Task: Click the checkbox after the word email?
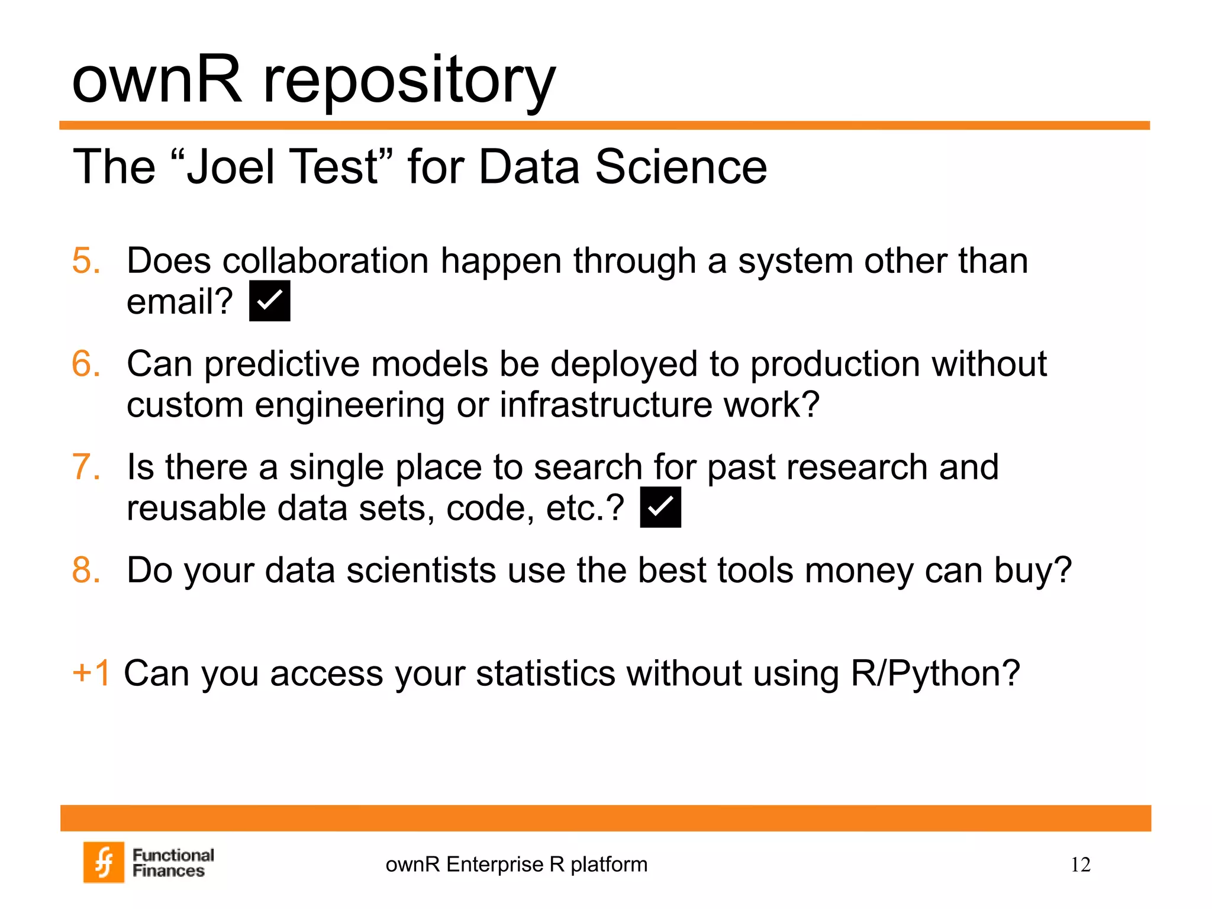[269, 301]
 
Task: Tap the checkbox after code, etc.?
[660, 507]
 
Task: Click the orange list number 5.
[86, 260]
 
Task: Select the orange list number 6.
[86, 363]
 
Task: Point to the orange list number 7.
[86, 467]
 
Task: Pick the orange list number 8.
[86, 570]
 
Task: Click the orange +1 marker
[92, 673]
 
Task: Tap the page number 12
[1080, 865]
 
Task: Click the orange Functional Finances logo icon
[104, 862]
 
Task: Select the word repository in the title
[408, 80]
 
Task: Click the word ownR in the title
[157, 80]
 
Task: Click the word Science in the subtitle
[681, 167]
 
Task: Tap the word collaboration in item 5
[325, 260]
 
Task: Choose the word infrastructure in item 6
[606, 405]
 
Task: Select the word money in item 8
[859, 570]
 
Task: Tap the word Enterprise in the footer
[494, 865]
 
